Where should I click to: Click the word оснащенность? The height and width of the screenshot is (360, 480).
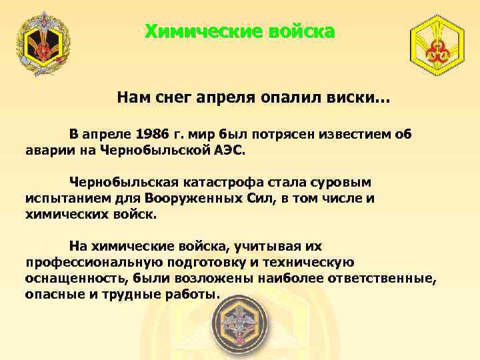click(65, 278)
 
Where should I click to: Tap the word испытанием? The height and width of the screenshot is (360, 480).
click(63, 197)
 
